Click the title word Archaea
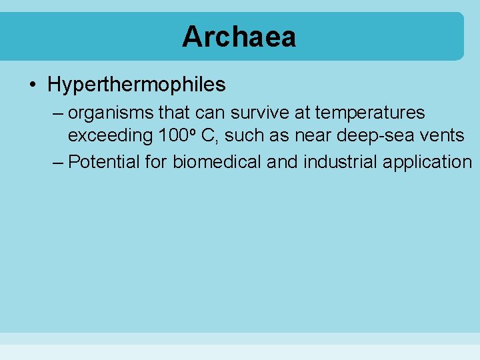point(239,37)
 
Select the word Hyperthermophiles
point(137,85)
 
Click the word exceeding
point(111,136)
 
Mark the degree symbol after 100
point(191,131)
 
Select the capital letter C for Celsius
point(207,135)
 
